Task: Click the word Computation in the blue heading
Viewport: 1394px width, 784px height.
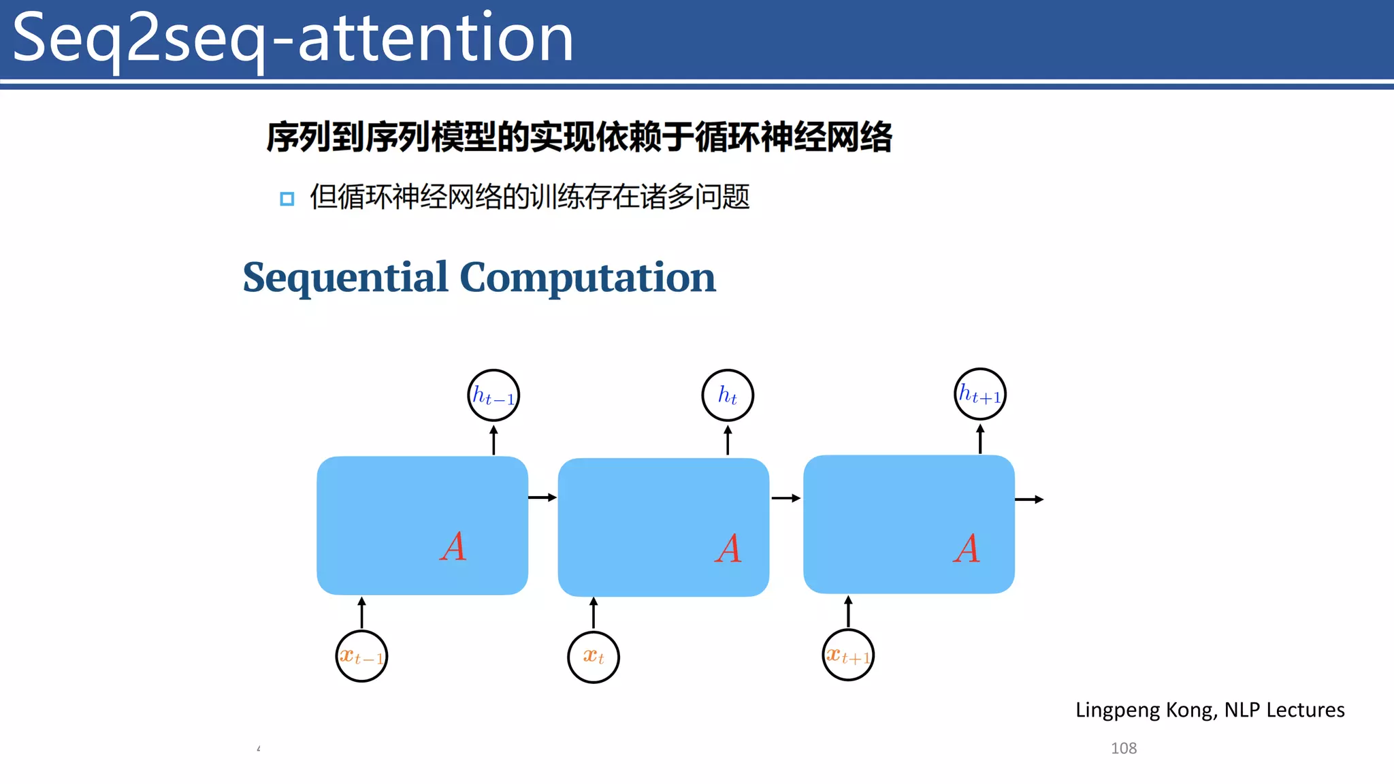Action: [587, 278]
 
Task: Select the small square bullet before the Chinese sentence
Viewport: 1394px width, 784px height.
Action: [287, 199]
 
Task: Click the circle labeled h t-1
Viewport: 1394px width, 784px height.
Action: [493, 395]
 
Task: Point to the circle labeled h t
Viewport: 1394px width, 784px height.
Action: [728, 395]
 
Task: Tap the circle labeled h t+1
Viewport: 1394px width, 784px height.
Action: [980, 394]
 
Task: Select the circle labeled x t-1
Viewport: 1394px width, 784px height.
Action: [361, 657]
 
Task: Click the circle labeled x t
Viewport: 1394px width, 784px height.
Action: [594, 657]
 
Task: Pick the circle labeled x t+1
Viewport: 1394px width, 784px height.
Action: [848, 655]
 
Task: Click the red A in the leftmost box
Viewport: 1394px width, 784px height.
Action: [453, 546]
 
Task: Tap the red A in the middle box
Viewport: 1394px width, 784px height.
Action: [728, 548]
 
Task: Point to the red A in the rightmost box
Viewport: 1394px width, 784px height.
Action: [967, 548]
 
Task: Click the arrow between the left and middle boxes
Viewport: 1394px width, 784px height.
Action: [542, 497]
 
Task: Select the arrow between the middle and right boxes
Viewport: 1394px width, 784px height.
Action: [785, 498]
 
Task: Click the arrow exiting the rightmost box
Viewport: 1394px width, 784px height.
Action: [1029, 500]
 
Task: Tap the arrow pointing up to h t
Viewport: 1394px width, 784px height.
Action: [728, 440]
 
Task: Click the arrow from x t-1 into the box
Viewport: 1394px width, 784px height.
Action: [361, 612]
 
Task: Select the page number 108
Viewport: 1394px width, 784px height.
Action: [1124, 748]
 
